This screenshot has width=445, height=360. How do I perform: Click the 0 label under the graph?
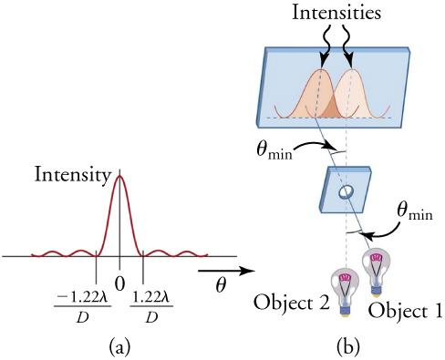(x=119, y=283)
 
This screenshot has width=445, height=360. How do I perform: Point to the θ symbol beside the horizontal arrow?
(x=221, y=286)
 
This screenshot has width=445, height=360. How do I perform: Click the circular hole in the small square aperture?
(x=346, y=192)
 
